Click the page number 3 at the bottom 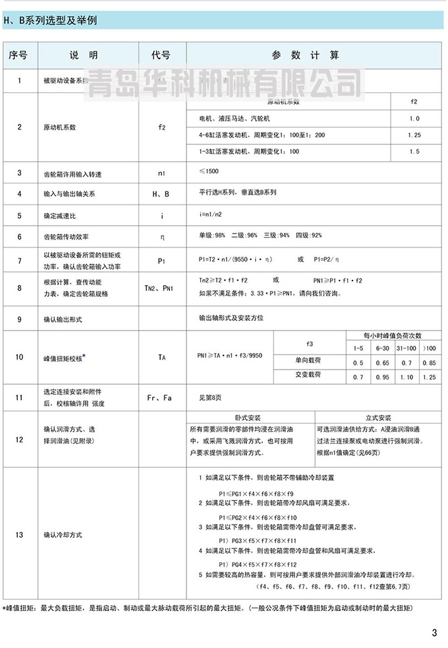(434, 633)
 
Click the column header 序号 (19, 55)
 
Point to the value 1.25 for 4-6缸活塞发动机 (414, 135)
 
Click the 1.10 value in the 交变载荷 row (406, 376)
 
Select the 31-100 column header (406, 347)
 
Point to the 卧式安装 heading (248, 418)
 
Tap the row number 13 (19, 535)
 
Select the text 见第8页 (212, 398)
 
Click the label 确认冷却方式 (63, 535)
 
